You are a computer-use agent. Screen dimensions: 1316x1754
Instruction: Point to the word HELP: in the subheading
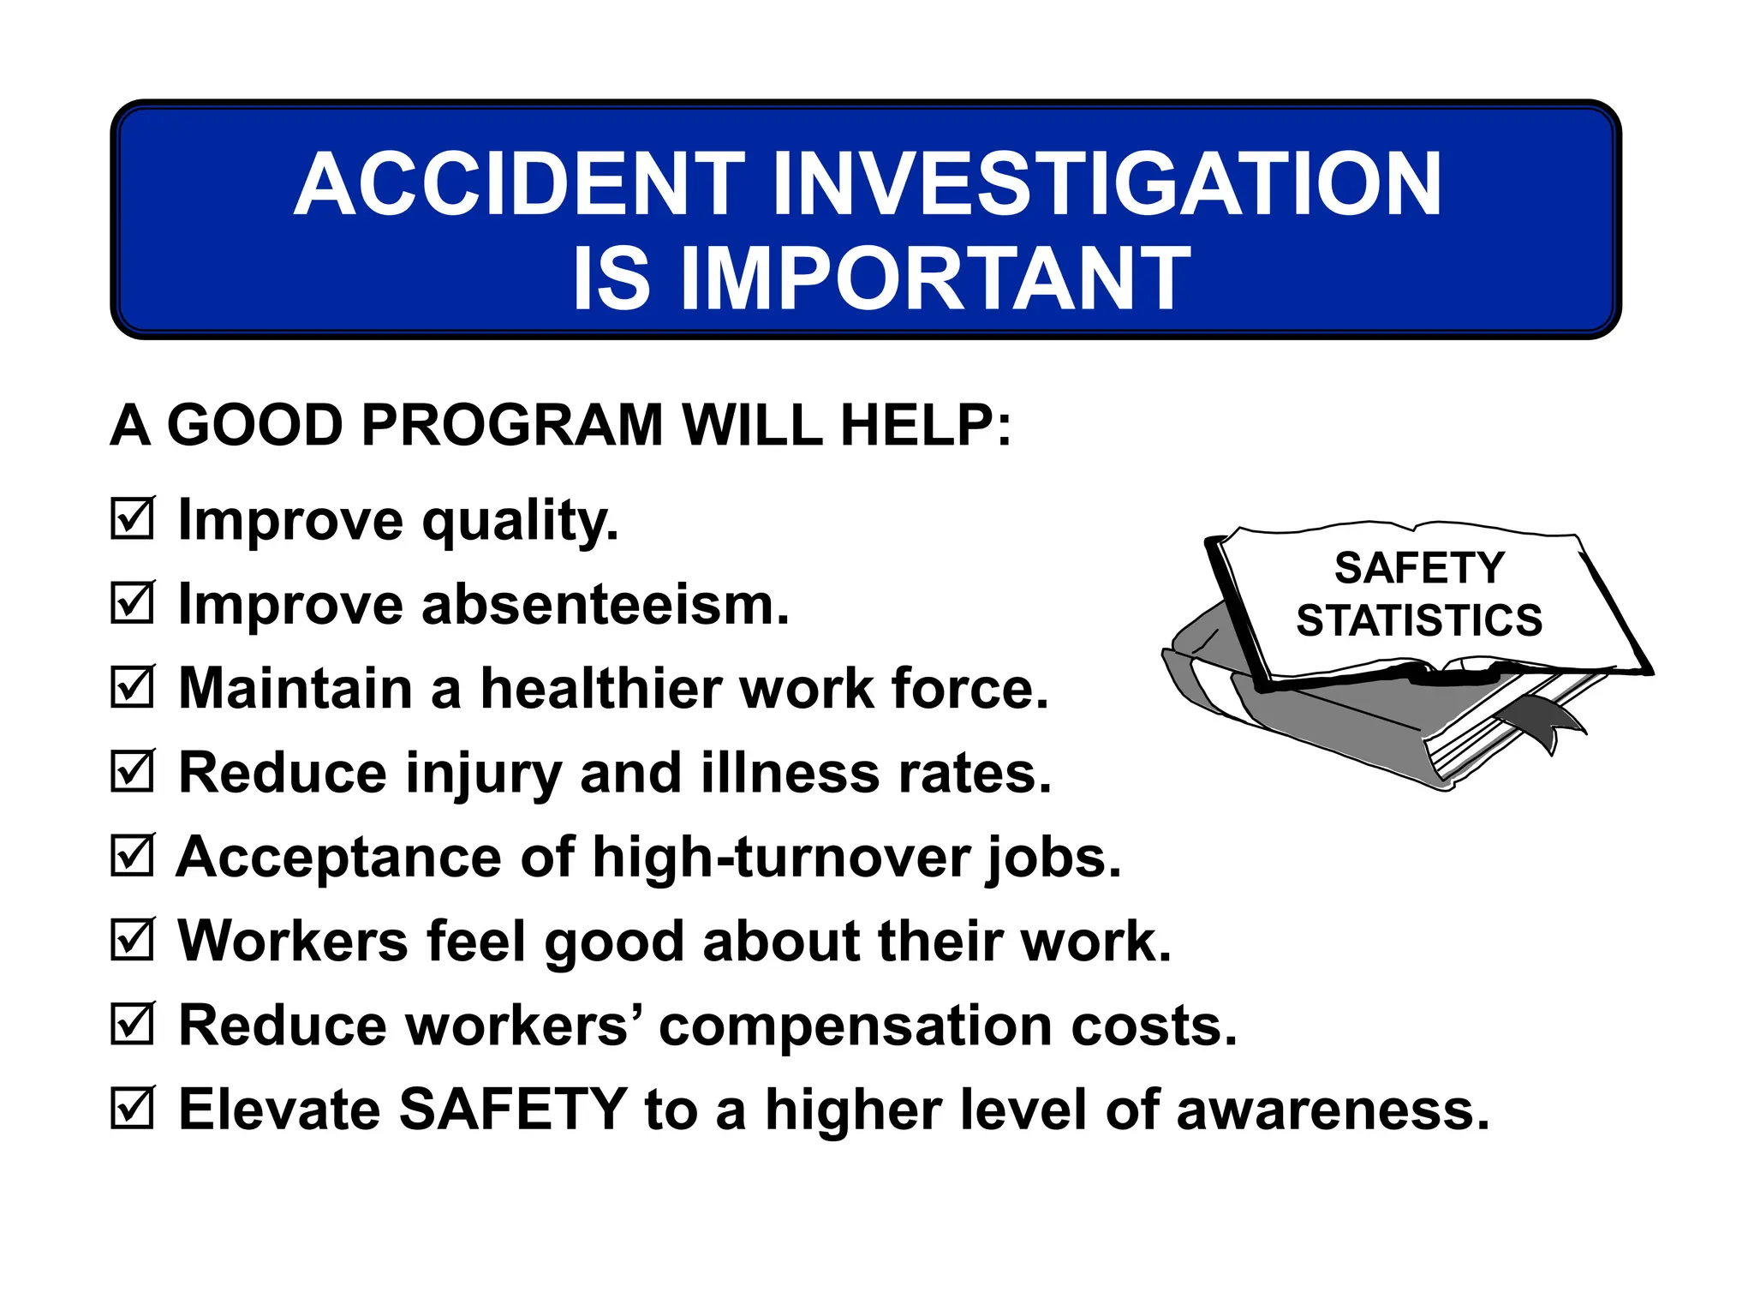click(926, 425)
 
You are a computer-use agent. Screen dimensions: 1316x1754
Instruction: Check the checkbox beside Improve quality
click(133, 519)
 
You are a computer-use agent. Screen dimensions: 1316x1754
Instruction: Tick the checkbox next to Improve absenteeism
click(133, 603)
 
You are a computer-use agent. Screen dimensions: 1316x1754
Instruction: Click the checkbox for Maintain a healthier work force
click(133, 687)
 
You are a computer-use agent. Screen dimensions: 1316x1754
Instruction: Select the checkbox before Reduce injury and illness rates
click(133, 771)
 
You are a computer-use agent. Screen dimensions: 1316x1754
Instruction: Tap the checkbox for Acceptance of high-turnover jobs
click(133, 856)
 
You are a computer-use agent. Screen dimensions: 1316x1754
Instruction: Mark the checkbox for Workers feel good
click(133, 940)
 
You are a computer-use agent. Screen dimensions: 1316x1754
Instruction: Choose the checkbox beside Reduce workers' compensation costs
click(133, 1025)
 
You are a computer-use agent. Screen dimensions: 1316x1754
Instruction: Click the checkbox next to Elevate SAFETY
click(133, 1109)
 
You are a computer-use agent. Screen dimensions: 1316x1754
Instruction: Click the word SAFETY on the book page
click(1419, 568)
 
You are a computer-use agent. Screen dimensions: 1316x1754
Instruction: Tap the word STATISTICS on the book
click(1419, 620)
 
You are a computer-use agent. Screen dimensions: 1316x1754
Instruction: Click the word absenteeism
click(605, 605)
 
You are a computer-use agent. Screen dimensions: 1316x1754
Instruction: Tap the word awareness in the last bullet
click(1333, 1110)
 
